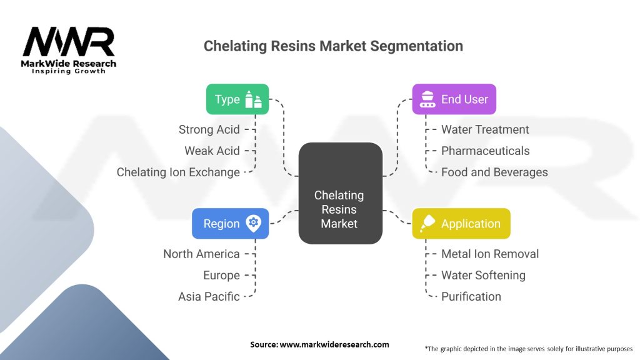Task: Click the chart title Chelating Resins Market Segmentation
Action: (x=333, y=46)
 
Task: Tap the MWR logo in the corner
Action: (x=69, y=50)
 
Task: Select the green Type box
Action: (x=237, y=99)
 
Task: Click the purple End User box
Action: (x=454, y=99)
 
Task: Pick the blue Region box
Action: (x=230, y=224)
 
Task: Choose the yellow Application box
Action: (x=461, y=224)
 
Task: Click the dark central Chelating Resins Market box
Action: (x=339, y=209)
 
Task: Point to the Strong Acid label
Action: (x=209, y=129)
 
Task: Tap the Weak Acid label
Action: (x=212, y=151)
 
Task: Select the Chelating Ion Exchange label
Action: (x=178, y=172)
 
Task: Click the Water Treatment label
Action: (x=485, y=129)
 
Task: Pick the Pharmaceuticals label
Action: (x=485, y=151)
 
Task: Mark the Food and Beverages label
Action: (x=494, y=172)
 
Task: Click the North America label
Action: (x=201, y=254)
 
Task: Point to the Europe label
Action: (x=221, y=275)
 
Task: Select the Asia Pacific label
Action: (x=209, y=296)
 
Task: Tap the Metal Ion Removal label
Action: (x=490, y=254)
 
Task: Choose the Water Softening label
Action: (x=483, y=275)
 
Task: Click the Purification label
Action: (x=471, y=296)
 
